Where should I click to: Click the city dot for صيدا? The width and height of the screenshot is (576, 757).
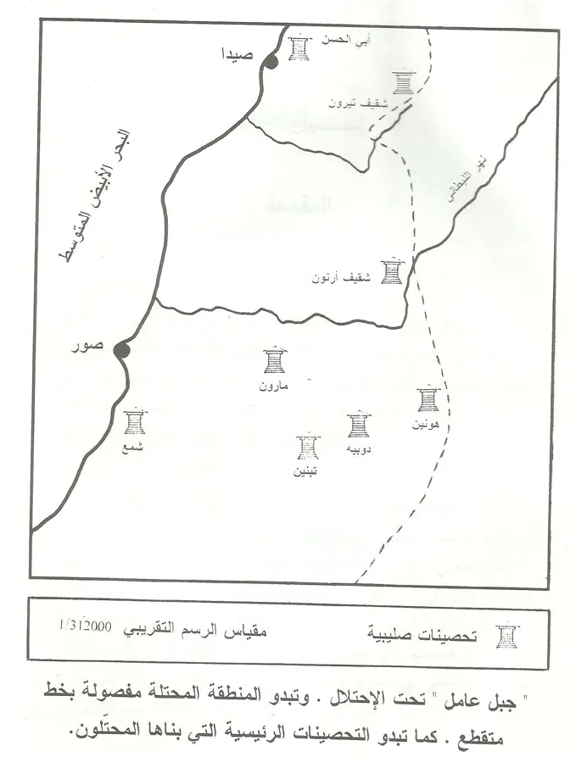pyautogui.click(x=271, y=61)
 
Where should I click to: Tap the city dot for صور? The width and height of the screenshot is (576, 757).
pyautogui.click(x=121, y=350)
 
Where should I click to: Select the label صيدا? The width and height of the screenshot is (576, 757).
pyautogui.click(x=235, y=53)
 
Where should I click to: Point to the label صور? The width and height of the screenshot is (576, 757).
pyautogui.click(x=90, y=346)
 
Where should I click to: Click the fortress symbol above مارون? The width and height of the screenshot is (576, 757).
pyautogui.click(x=274, y=360)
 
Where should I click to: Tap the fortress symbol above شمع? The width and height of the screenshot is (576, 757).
pyautogui.click(x=134, y=422)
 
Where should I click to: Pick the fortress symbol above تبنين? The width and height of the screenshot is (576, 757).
pyautogui.click(x=308, y=448)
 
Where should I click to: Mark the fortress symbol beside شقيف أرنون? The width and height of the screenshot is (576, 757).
pyautogui.click(x=391, y=271)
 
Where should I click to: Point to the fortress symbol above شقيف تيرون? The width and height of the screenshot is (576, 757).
pyautogui.click(x=404, y=83)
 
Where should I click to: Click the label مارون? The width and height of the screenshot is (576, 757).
pyautogui.click(x=274, y=386)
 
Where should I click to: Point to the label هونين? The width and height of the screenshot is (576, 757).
pyautogui.click(x=426, y=424)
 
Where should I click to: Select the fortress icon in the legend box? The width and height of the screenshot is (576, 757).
pyautogui.click(x=506, y=636)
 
